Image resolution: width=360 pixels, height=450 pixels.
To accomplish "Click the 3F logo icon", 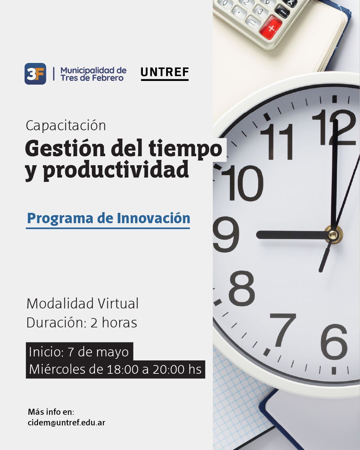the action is point(35,74).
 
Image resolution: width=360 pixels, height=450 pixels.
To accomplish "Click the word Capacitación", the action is point(66,126).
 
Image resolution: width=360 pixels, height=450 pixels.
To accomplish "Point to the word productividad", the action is point(116,170).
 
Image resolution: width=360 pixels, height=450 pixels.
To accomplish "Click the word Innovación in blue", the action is point(154,218).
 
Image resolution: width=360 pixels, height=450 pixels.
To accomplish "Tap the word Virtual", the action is point(118,303).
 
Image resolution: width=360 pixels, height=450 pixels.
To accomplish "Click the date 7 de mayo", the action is point(98,352).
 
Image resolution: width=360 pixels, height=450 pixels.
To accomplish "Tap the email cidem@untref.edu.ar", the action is point(67,423).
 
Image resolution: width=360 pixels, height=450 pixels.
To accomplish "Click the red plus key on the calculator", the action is point(271,28).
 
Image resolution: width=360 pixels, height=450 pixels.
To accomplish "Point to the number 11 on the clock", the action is point(277,142).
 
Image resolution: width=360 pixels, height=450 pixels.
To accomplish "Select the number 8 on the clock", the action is point(242,288).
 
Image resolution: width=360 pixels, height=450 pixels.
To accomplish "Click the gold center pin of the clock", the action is point(333,234).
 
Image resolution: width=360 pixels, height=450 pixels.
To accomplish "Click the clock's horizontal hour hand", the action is point(292,234).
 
